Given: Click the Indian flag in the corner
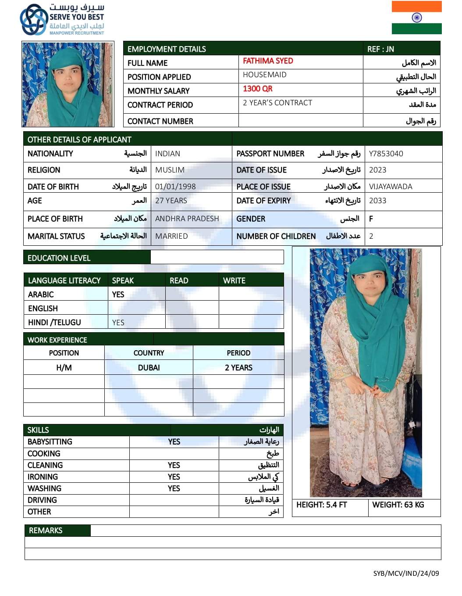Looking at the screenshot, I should pyautogui.click(x=416, y=18).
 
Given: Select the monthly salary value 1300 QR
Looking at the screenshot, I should pyautogui.click(x=258, y=89).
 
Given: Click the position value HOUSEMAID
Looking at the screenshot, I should pyautogui.click(x=265, y=75).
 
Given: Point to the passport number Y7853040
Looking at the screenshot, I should pyautogui.click(x=386, y=154).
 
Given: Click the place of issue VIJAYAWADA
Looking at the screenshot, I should pyautogui.click(x=391, y=187).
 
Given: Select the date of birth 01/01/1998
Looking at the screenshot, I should pyautogui.click(x=175, y=187).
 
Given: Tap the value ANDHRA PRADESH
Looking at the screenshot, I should pyautogui.click(x=187, y=219).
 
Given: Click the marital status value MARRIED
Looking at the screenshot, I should pyautogui.click(x=171, y=236).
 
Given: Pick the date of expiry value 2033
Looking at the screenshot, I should pyautogui.click(x=377, y=201).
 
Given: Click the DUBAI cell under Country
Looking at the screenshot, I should pyautogui.click(x=149, y=368).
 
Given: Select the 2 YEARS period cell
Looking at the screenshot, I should pyautogui.click(x=238, y=368).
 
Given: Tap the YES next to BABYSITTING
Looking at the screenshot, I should pyautogui.click(x=174, y=442).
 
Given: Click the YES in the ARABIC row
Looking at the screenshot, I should pyautogui.click(x=118, y=294).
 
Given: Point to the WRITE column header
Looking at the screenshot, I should pyautogui.click(x=234, y=280).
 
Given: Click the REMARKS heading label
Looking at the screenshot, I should pyautogui.click(x=46, y=531).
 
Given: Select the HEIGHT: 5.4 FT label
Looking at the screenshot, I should pyautogui.click(x=321, y=505).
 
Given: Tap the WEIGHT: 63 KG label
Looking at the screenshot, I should pyautogui.click(x=398, y=505).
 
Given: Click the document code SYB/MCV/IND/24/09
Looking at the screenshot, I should pyautogui.click(x=406, y=573).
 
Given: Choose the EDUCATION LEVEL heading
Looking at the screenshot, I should pyautogui.click(x=59, y=258).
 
